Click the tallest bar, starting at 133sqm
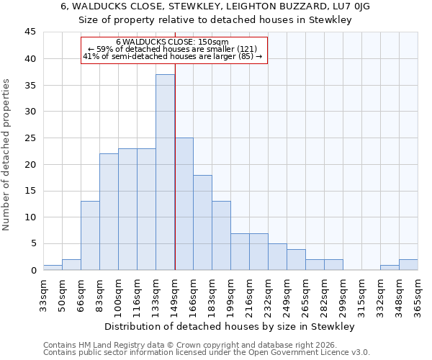tap(165, 172)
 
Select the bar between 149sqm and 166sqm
tap(184, 204)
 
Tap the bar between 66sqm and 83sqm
tap(90, 235)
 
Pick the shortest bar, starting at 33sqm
tap(53, 267)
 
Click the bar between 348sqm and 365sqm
tap(408, 264)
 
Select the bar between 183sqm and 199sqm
tap(221, 235)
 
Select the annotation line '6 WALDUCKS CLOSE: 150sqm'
tap(172, 42)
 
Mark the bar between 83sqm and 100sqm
tap(109, 212)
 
